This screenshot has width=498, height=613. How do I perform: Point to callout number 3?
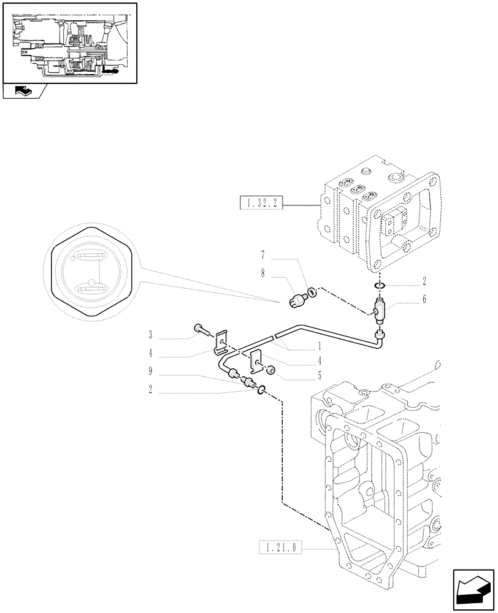pyautogui.click(x=150, y=334)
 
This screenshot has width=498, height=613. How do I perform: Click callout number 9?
pyautogui.click(x=150, y=371)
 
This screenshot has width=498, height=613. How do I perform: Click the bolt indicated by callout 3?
pyautogui.click(x=201, y=330)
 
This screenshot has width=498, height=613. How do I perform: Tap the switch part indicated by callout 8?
pyautogui.click(x=298, y=299)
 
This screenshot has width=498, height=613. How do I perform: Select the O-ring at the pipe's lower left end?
pyautogui.click(x=261, y=389)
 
